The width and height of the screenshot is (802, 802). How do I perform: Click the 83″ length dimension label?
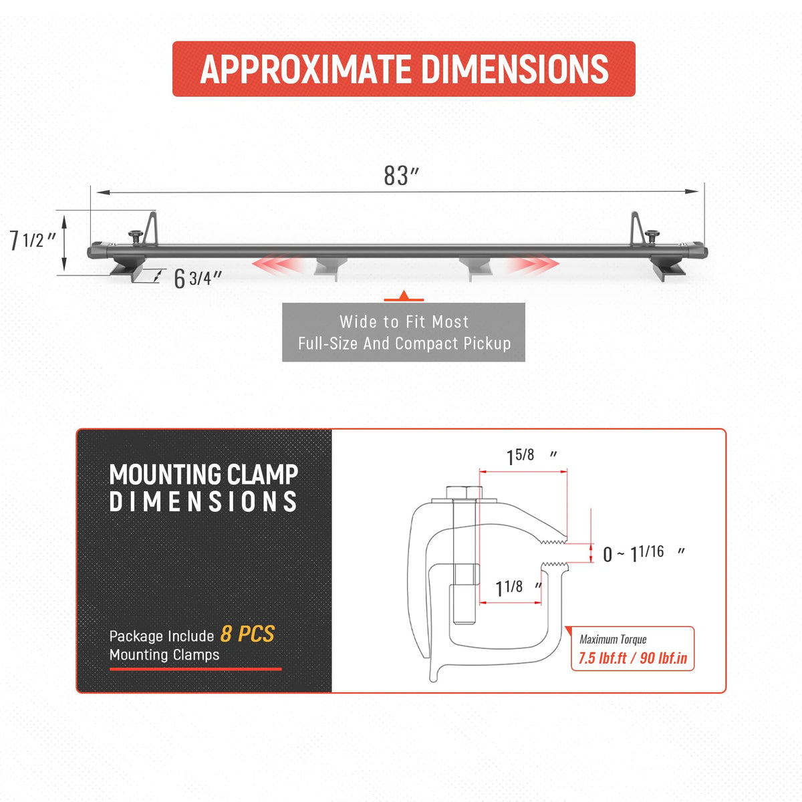pyautogui.click(x=401, y=176)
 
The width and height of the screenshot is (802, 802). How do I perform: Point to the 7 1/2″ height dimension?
pyautogui.click(x=33, y=241)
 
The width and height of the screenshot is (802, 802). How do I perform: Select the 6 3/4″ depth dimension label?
pyautogui.click(x=198, y=278)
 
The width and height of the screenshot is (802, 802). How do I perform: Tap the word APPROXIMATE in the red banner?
pyautogui.click(x=305, y=69)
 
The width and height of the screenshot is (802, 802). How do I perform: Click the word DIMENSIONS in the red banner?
pyautogui.click(x=515, y=69)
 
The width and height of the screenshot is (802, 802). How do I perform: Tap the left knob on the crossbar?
pyautogui.click(x=135, y=237)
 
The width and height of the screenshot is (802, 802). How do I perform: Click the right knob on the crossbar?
pyautogui.click(x=652, y=237)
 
